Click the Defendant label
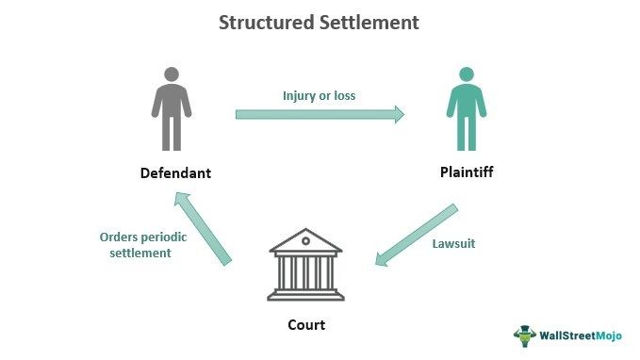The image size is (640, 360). pyautogui.click(x=175, y=173)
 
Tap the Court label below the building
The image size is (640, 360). pyautogui.click(x=306, y=326)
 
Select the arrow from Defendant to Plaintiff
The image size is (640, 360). pyautogui.click(x=320, y=114)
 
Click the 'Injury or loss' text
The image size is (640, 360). pyautogui.click(x=320, y=95)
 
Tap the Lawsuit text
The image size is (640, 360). pyautogui.click(x=454, y=243)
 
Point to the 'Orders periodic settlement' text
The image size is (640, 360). pyautogui.click(x=143, y=245)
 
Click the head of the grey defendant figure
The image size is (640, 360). pyautogui.click(x=170, y=74)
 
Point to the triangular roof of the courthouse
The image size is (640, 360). pyautogui.click(x=306, y=239)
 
